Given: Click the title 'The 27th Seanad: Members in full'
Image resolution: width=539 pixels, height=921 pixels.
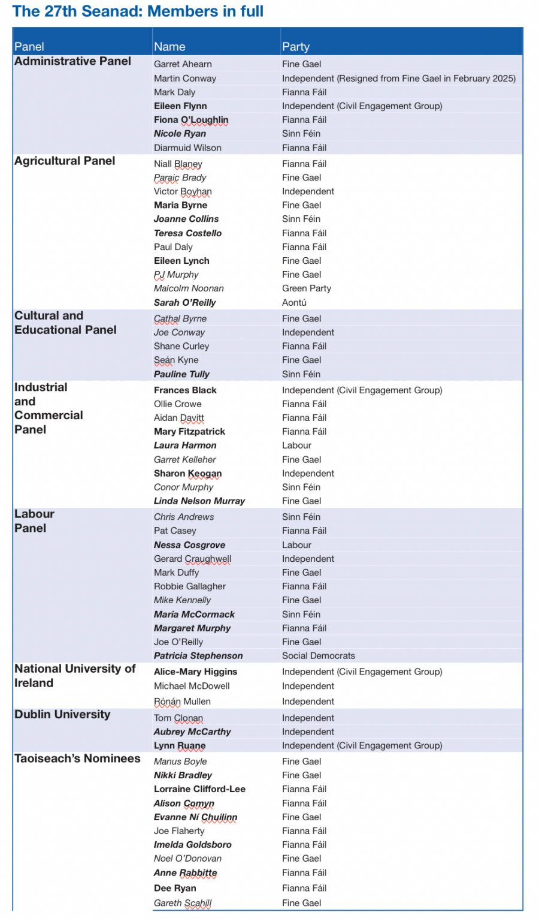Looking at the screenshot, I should tap(138, 11).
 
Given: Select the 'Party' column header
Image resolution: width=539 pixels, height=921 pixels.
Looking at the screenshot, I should tap(296, 47).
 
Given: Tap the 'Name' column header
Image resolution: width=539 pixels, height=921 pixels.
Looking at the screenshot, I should tap(169, 47).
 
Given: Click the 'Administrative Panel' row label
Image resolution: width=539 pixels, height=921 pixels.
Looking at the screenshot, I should tap(72, 61).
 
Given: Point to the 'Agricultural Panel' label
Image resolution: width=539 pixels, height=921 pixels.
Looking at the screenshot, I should tap(65, 161).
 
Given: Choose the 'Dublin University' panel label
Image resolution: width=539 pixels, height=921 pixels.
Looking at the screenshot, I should tap(62, 714).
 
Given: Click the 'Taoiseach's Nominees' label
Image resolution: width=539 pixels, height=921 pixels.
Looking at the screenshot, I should tap(77, 759).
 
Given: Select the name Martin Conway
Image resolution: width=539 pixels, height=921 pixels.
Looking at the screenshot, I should tap(185, 79).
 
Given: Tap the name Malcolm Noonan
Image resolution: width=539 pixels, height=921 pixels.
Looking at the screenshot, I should tap(189, 288).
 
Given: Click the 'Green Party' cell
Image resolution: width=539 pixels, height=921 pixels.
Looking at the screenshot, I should tap(307, 288).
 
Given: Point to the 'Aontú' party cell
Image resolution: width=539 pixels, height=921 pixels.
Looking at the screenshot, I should tap(294, 303).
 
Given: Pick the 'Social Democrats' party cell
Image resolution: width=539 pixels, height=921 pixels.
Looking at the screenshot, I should tap(319, 656).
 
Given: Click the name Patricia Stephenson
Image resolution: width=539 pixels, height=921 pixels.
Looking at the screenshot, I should tap(198, 656).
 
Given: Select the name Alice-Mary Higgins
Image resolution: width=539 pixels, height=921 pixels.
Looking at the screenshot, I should tap(195, 672).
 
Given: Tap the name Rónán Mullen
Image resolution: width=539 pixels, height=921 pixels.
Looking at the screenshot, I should tap(182, 702).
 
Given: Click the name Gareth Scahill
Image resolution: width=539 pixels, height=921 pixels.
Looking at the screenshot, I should tap(183, 903).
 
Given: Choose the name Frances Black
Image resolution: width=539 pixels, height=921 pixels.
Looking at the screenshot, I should tap(185, 390).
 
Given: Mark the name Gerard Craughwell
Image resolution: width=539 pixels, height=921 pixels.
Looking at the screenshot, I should tap(192, 559).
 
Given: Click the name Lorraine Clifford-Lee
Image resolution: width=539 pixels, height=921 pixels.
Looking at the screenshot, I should tap(199, 789).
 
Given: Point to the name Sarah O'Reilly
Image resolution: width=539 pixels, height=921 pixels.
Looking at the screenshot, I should tap(184, 303).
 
